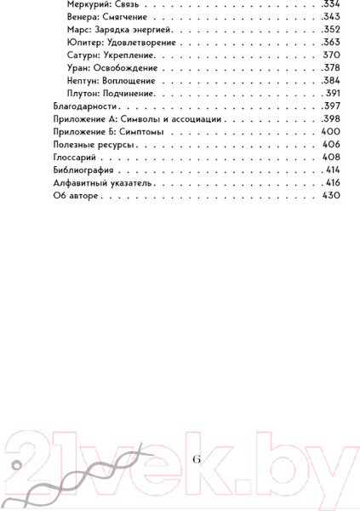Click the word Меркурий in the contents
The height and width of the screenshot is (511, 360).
[x=86, y=3]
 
